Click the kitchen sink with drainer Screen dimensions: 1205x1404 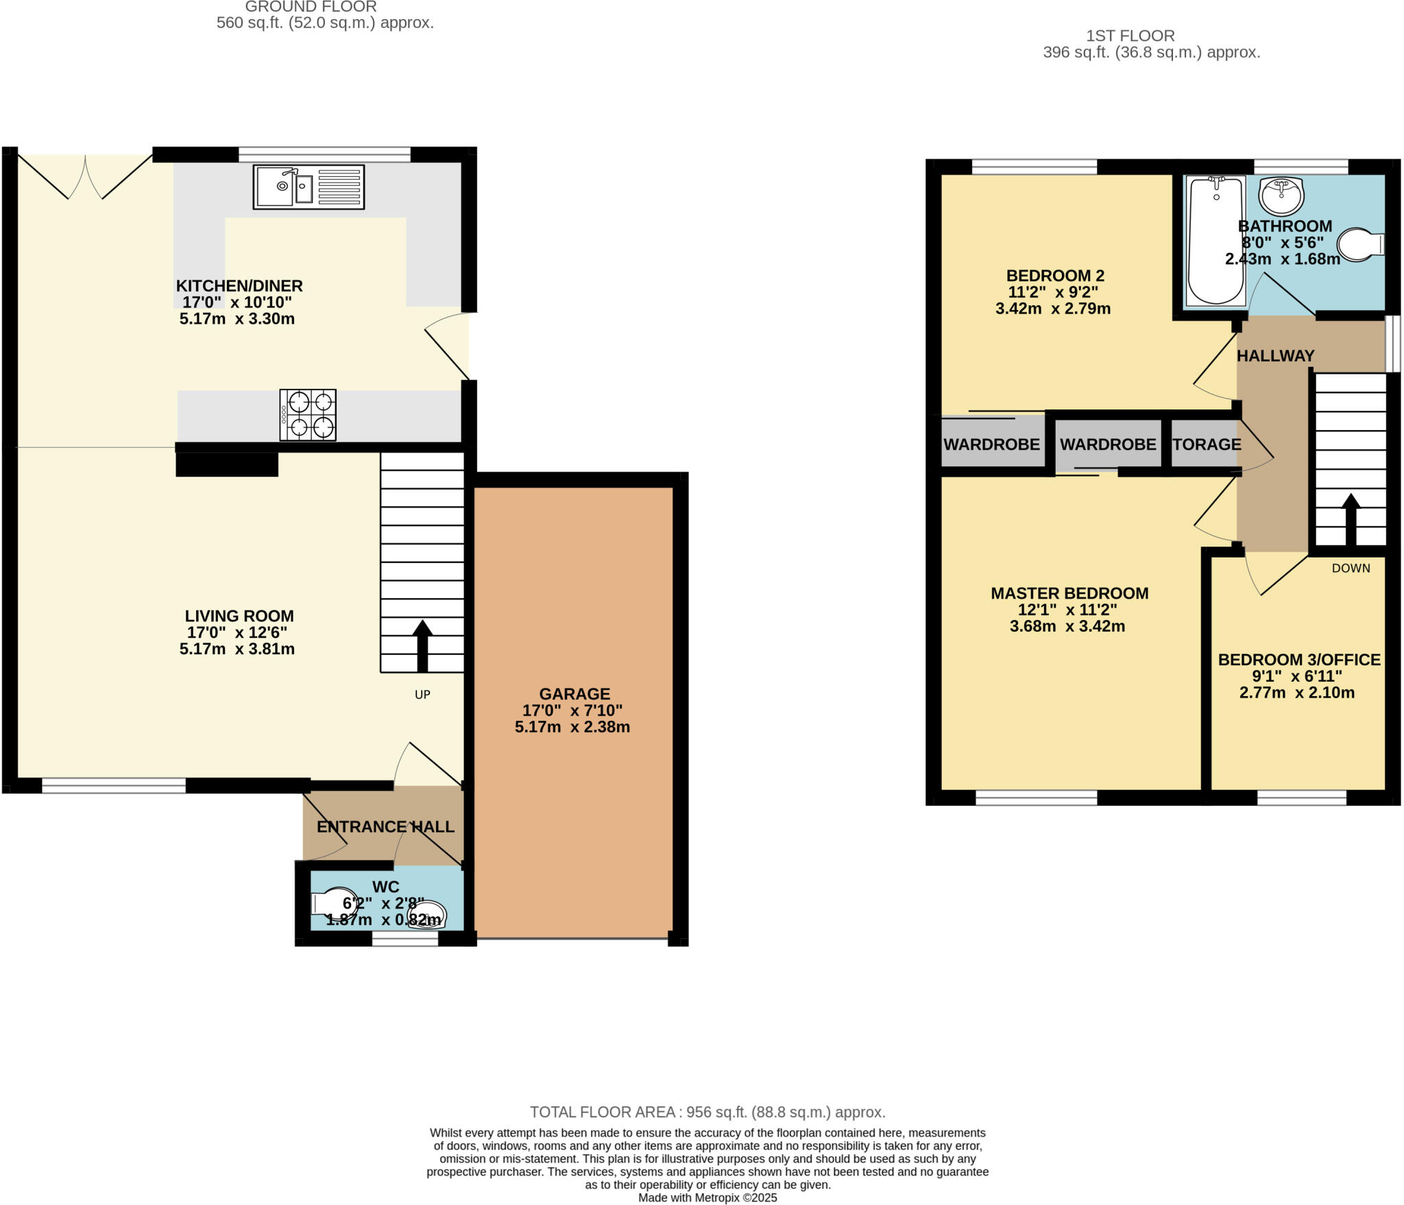pyautogui.click(x=308, y=187)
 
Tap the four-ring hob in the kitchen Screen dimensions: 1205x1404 pyautogui.click(x=308, y=414)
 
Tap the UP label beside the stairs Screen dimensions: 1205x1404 pyautogui.click(x=422, y=694)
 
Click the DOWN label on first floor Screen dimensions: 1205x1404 pyautogui.click(x=1351, y=568)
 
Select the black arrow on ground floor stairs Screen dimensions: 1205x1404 pyautogui.click(x=422, y=645)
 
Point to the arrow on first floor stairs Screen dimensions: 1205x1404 pyautogui.click(x=1351, y=519)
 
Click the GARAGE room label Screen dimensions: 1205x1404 pyautogui.click(x=574, y=693)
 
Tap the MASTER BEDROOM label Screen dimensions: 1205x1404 pyautogui.click(x=1069, y=593)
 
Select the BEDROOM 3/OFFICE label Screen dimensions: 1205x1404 pyautogui.click(x=1298, y=659)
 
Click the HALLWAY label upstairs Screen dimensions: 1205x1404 pyautogui.click(x=1275, y=355)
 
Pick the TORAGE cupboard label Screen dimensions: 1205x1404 pyautogui.click(x=1206, y=444)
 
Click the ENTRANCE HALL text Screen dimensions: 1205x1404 pyautogui.click(x=385, y=826)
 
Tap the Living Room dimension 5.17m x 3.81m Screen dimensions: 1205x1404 pyautogui.click(x=237, y=649)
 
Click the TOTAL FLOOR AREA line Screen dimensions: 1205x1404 pyautogui.click(x=707, y=1112)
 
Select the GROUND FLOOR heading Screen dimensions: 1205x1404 pyautogui.click(x=311, y=7)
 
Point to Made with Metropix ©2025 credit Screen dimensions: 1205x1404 pyautogui.click(x=707, y=1197)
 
